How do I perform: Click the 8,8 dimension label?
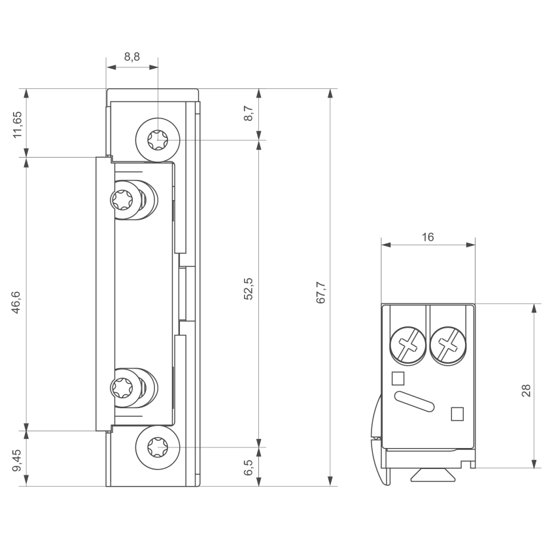pos(132,56)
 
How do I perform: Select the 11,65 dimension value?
pos(17,125)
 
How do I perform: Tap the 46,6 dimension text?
pos(17,302)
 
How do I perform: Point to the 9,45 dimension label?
pos(17,460)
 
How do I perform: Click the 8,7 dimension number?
pos(249,113)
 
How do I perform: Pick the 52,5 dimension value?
pos(248,288)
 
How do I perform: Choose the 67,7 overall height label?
pos(320,292)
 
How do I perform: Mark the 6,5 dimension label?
pos(249,468)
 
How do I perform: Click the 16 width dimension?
pos(428,237)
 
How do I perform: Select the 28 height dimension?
pos(526,390)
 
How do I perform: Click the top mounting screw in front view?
pos(158,140)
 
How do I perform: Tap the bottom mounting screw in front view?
pos(158,447)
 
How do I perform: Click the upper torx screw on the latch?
pos(122,200)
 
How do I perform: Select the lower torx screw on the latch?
pos(122,388)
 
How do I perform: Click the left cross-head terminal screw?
pos(407,345)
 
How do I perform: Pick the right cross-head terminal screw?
pos(448,345)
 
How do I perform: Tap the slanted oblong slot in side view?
pos(415,402)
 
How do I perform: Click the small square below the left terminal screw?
pos(398,379)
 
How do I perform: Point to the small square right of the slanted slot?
pos(457,414)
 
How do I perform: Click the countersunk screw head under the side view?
pos(433,475)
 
